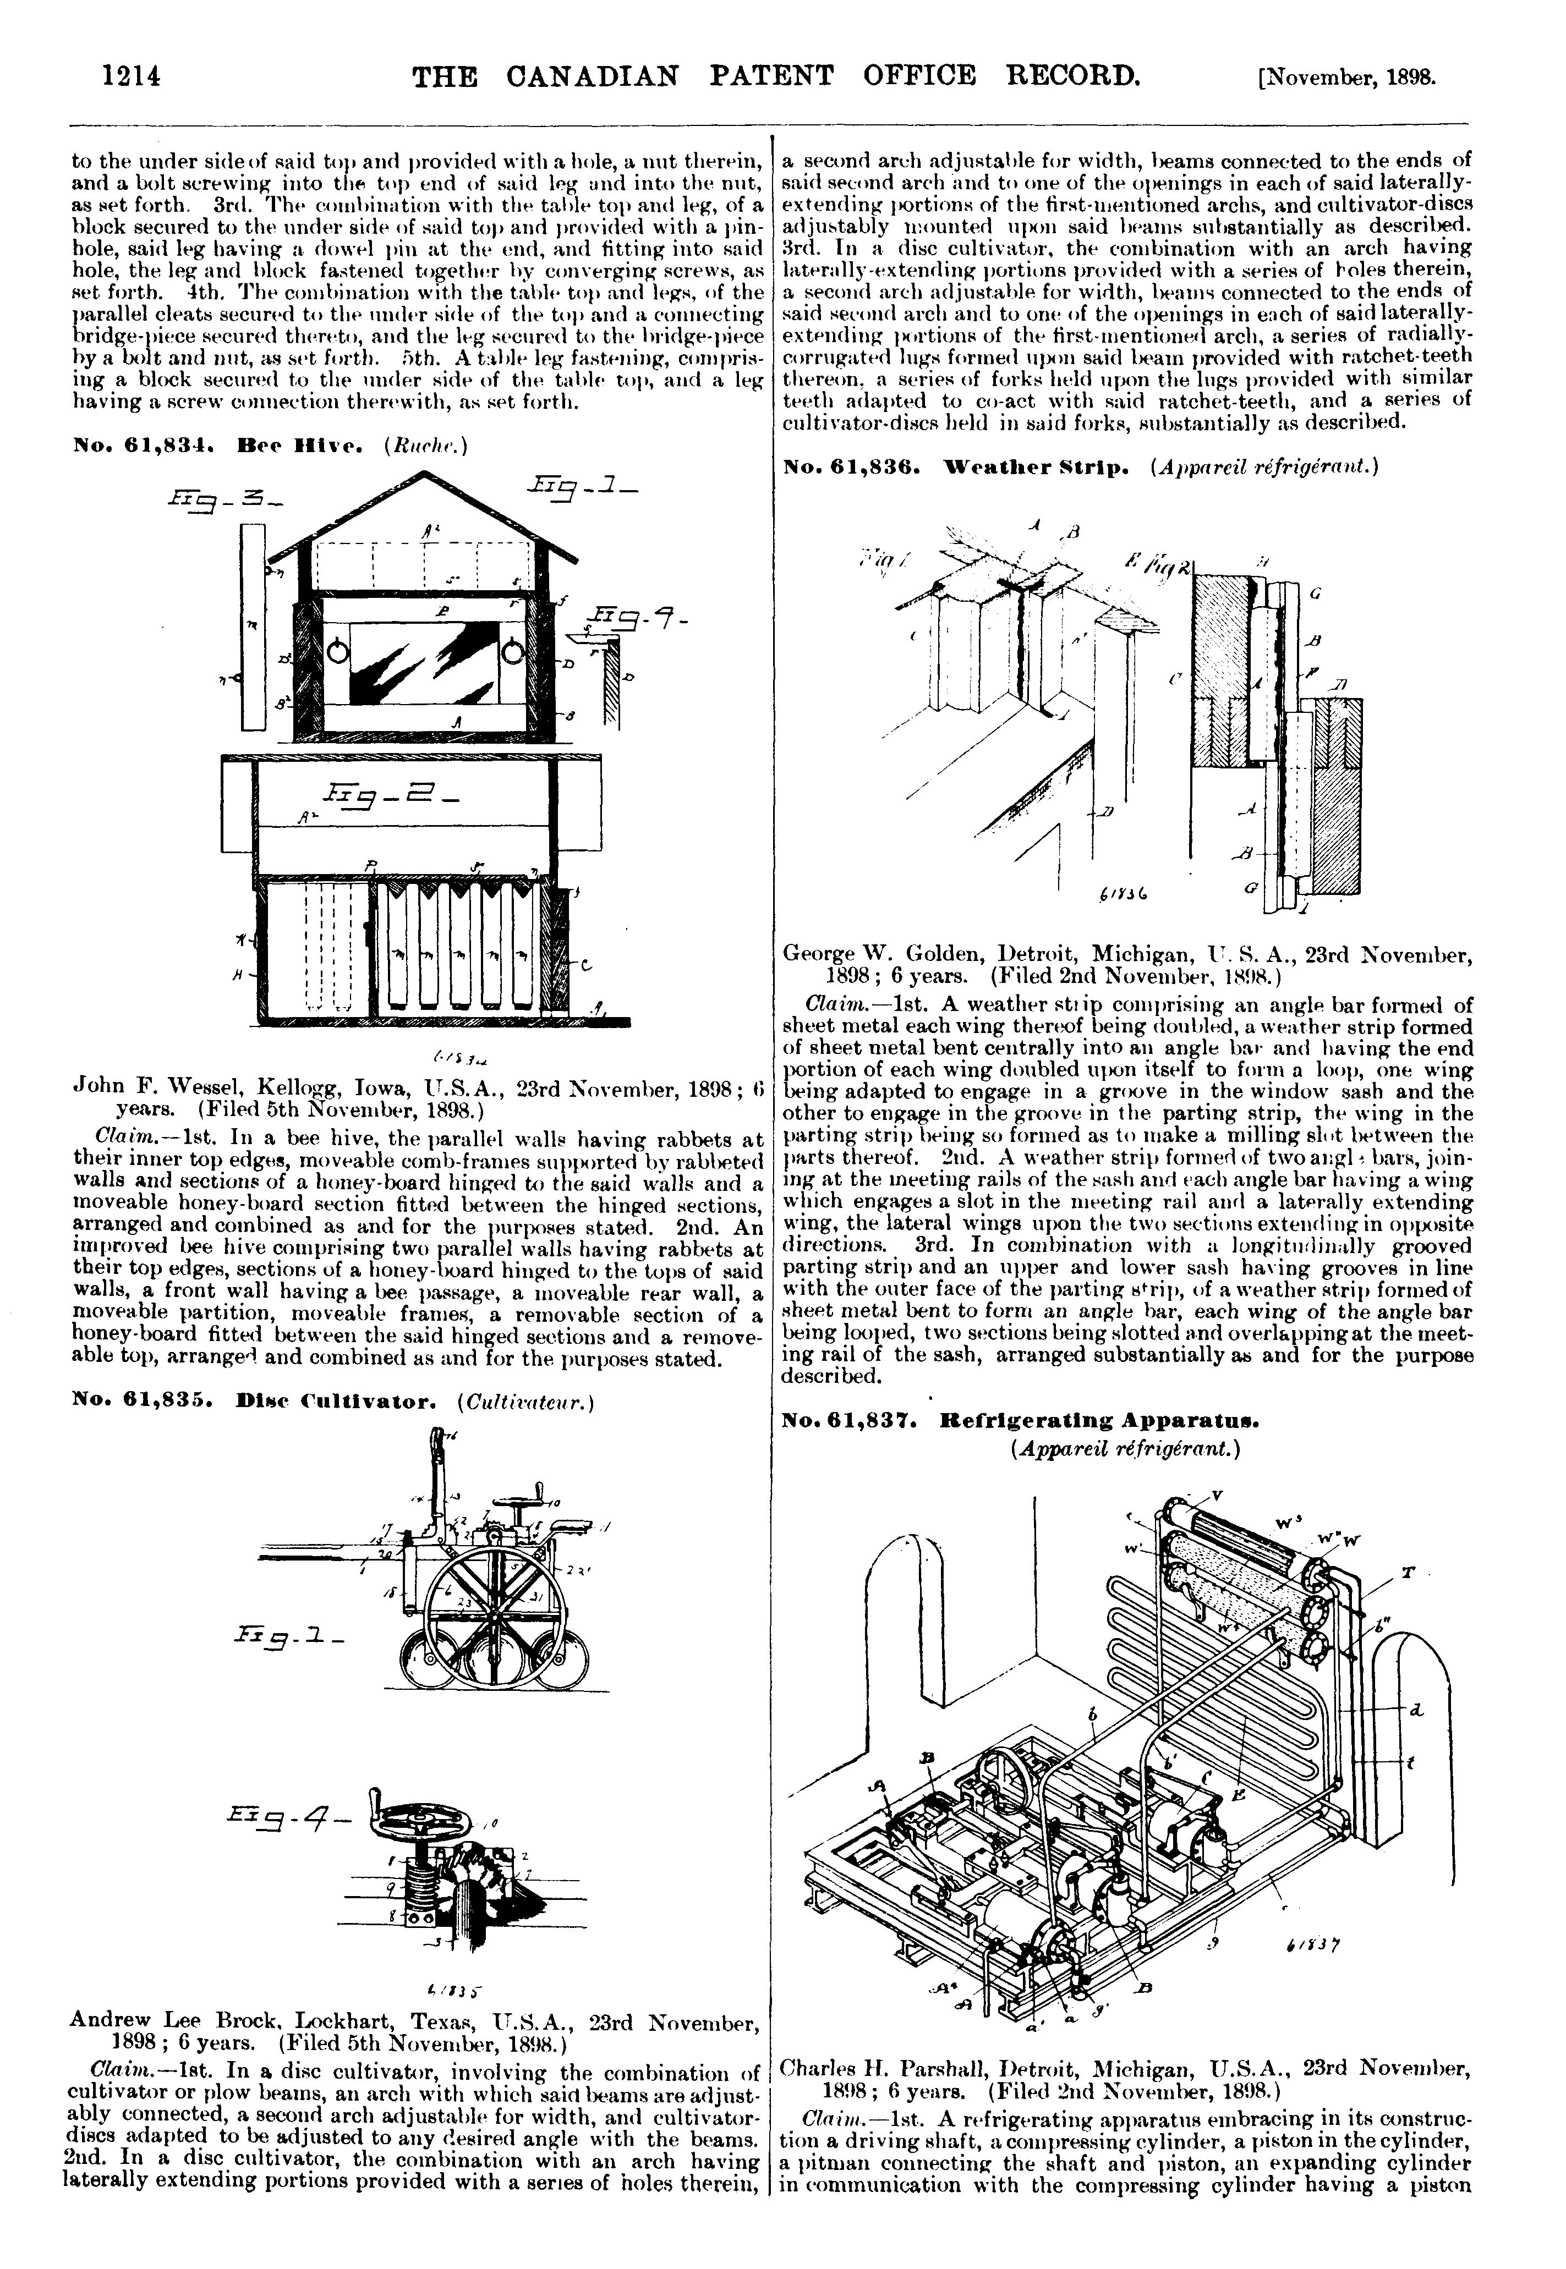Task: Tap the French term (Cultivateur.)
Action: (526, 1402)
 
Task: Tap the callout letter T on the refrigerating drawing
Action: (1409, 1572)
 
